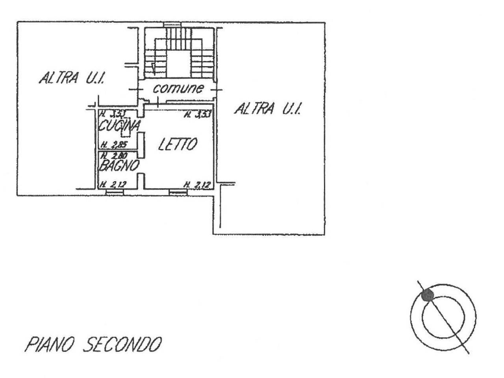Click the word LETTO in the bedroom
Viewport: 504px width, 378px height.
178,145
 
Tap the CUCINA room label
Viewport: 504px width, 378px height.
119,126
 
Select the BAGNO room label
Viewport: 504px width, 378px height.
119,165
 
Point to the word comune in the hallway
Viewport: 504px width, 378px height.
178,88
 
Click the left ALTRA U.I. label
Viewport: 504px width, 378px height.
72,78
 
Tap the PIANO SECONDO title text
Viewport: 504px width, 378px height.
93,345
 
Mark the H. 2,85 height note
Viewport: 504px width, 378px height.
111,144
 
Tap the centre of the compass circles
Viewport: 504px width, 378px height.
443,317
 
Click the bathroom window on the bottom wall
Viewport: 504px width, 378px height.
115,192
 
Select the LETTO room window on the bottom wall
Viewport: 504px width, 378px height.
178,192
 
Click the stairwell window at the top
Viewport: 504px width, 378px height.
172,24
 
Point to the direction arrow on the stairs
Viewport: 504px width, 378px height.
154,70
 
